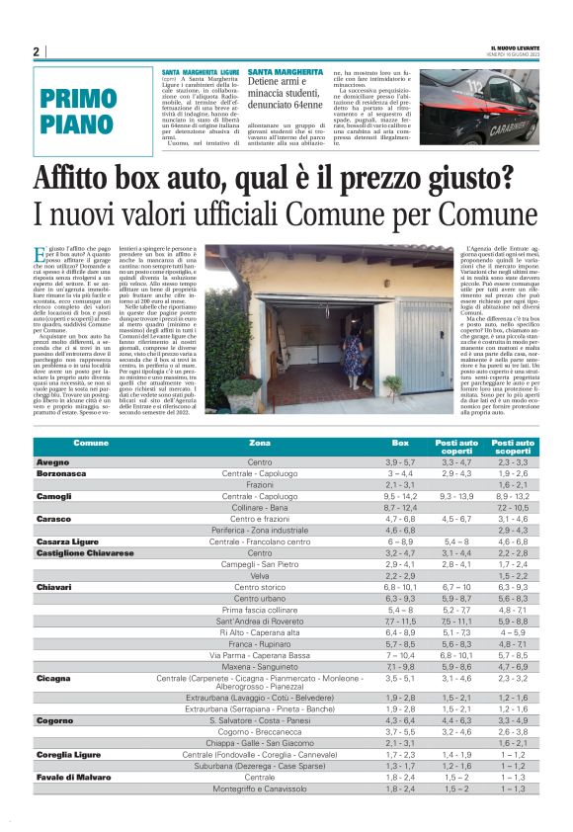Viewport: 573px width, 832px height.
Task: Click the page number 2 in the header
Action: tap(36, 51)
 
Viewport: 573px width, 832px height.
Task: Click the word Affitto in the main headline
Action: tap(116, 180)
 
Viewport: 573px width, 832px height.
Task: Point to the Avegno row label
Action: tap(52, 462)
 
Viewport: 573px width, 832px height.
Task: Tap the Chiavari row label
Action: tap(53, 587)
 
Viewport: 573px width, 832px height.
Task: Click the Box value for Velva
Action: tap(400, 575)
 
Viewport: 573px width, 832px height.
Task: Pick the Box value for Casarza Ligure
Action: tap(400, 541)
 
